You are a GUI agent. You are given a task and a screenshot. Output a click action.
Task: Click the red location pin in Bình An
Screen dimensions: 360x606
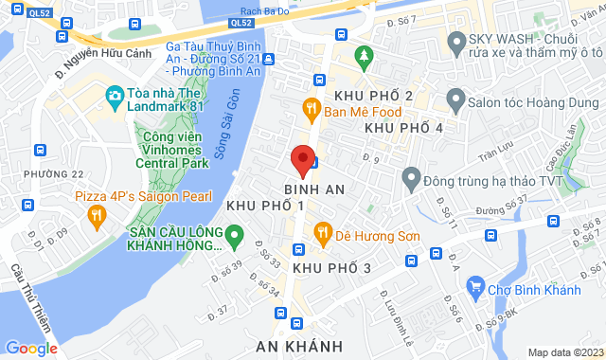pyautogui.click(x=301, y=160)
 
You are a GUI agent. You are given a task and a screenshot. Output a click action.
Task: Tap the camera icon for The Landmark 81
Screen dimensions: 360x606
pyautogui.click(x=115, y=95)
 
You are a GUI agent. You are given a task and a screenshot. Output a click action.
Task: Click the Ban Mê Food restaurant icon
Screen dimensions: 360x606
pyautogui.click(x=310, y=109)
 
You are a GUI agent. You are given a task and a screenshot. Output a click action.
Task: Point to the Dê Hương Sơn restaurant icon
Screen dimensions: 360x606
pyautogui.click(x=322, y=231)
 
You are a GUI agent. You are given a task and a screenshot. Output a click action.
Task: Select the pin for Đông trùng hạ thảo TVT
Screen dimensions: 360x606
pyautogui.click(x=412, y=177)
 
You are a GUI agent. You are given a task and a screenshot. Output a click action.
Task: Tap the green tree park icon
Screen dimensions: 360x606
pyautogui.click(x=361, y=57)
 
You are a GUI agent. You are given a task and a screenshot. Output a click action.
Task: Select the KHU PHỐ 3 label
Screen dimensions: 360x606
pyautogui.click(x=330, y=269)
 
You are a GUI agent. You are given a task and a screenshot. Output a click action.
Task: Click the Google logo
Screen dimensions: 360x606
pyautogui.click(x=31, y=347)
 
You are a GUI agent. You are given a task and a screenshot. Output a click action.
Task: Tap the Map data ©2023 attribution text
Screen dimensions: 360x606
pyautogui.click(x=563, y=352)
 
